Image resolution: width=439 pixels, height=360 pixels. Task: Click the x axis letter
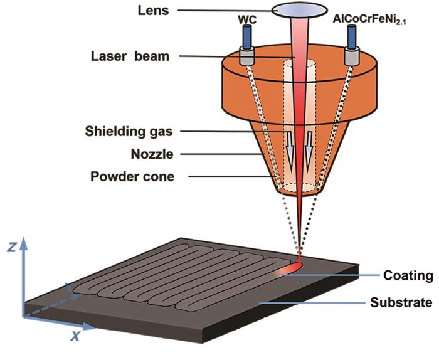(75, 336)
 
